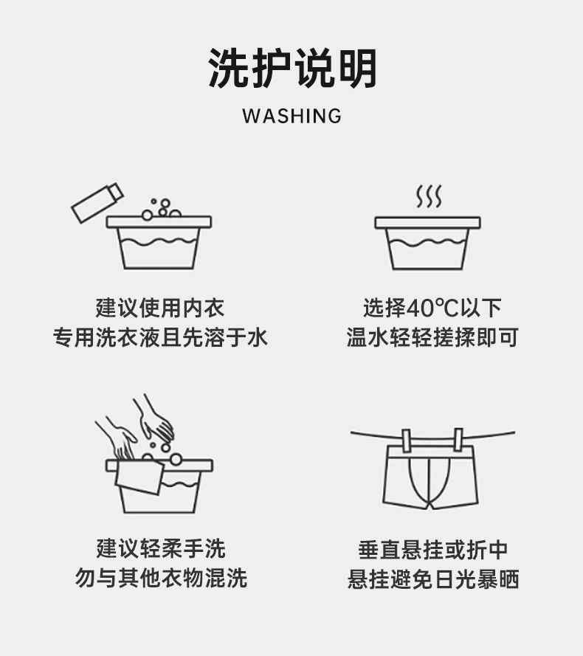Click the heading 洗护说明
(x=292, y=69)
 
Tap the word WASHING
(x=291, y=116)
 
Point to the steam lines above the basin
(x=429, y=196)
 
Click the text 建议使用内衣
(x=160, y=308)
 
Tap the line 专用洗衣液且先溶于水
(x=160, y=338)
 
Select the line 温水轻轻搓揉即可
(x=432, y=338)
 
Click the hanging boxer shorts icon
(x=431, y=476)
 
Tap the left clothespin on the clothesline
(x=405, y=440)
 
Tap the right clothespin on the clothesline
(x=458, y=440)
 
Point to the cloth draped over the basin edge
(x=139, y=477)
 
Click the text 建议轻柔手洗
(x=160, y=548)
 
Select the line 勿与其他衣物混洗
(x=160, y=578)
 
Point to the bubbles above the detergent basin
(x=162, y=208)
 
